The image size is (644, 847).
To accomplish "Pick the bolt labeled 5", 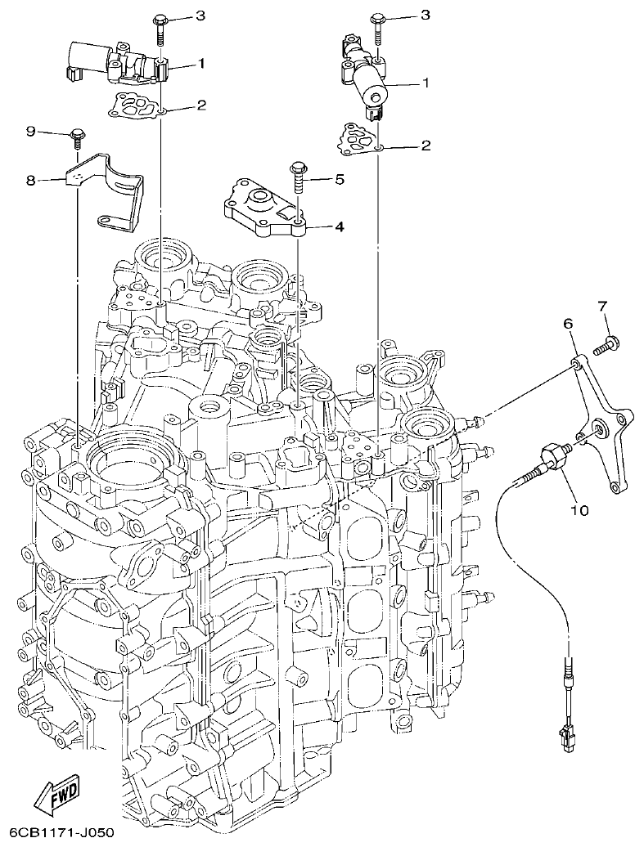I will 297,176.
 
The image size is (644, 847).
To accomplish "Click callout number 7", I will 602,306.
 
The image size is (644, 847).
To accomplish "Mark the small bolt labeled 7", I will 609,344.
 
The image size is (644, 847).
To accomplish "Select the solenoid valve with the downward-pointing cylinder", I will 367,74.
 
